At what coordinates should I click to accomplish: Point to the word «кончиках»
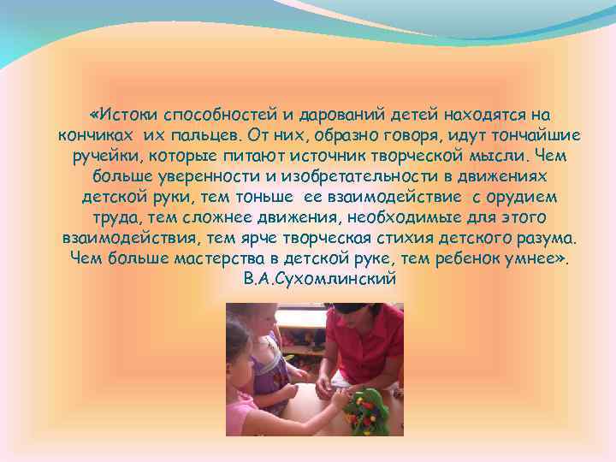[x=95, y=135]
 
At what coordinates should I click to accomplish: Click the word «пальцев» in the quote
[x=204, y=135]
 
